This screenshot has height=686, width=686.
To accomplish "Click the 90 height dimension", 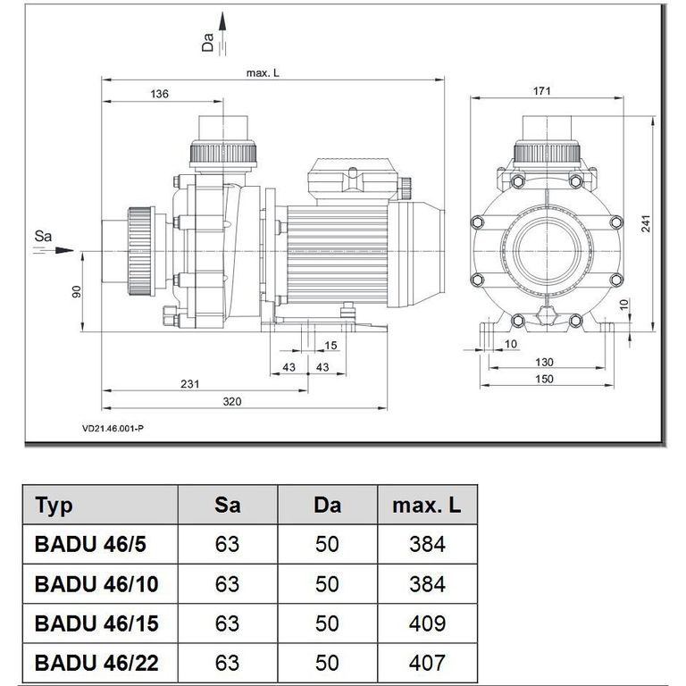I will point(77,292).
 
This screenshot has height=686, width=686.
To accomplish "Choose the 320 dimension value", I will point(232,402).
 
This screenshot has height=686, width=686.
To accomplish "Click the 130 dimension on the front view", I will point(544,362).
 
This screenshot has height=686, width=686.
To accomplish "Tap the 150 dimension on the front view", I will point(544,379).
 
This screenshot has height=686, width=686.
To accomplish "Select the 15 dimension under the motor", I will point(331,345).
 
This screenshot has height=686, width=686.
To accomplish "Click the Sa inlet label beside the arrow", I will point(41,237).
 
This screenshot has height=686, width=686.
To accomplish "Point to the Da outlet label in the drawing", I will point(208,41).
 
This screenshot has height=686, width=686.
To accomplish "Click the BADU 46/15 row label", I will point(96,623).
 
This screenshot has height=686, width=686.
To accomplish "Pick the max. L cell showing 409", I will point(427,623).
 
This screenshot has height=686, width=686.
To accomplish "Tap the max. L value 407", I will point(427,663).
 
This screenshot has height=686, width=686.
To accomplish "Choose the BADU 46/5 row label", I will point(90,544).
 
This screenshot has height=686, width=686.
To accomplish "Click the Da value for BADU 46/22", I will point(327,663).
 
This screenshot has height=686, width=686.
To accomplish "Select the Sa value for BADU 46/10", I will point(228,584).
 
